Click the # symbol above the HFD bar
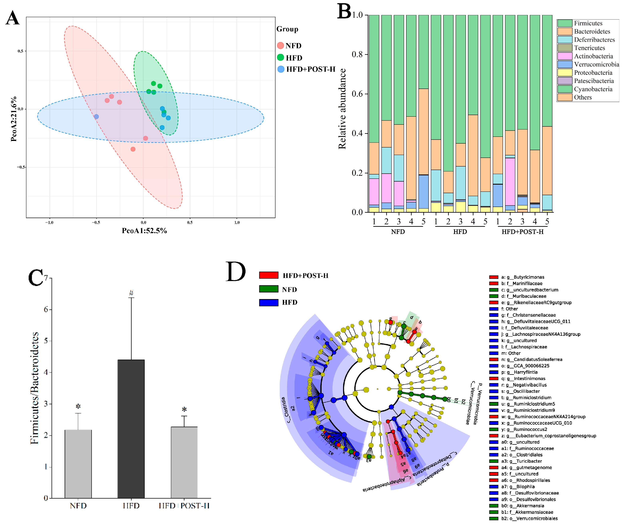(x=131, y=293)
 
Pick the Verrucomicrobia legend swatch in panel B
(x=564, y=64)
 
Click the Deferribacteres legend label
(x=594, y=40)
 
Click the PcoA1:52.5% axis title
(x=144, y=231)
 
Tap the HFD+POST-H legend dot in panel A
(x=281, y=69)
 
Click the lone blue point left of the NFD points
(x=96, y=116)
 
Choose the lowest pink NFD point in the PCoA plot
(x=133, y=149)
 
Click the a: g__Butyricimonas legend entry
(x=525, y=277)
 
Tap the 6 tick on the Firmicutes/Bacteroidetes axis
(x=46, y=309)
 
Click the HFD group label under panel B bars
(x=460, y=232)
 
